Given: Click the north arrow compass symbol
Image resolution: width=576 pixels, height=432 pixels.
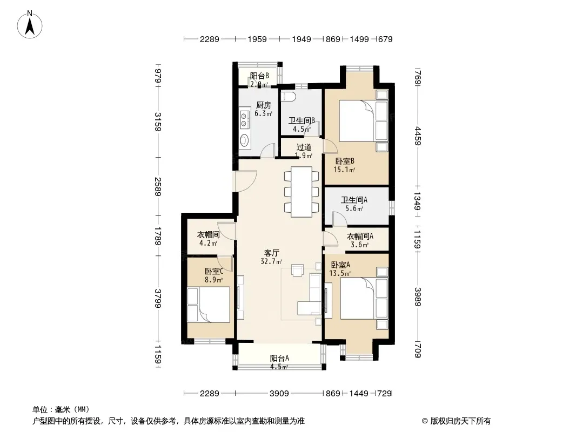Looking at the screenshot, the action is point(30,25).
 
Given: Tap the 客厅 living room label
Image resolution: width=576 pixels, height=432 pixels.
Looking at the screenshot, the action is point(271,253).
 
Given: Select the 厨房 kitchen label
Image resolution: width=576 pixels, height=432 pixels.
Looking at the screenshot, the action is point(263,105).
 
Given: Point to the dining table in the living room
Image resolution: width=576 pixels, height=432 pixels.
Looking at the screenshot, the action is point(301,192).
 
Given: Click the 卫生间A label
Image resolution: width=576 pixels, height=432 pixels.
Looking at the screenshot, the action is point(354,200).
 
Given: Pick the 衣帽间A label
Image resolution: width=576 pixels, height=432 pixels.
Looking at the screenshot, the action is point(360,237).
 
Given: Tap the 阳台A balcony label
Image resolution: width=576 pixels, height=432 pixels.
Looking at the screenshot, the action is point(279,358).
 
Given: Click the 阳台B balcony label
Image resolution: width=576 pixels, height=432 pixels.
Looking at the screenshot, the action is point(259,76).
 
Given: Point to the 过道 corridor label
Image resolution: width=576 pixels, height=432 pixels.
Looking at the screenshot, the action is point(304,147).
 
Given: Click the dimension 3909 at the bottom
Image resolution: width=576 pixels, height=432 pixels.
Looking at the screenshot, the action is point(279,394).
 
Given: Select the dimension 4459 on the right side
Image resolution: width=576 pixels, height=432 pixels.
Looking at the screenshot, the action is point(417,136).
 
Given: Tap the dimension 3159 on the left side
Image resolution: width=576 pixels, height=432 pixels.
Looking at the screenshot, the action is point(158,122).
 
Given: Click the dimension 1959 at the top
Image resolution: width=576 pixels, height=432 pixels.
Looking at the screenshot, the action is point(257,39).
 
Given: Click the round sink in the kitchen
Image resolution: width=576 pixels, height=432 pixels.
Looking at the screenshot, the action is point(245,139).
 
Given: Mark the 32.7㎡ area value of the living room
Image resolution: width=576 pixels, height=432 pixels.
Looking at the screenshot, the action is point(271,262).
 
